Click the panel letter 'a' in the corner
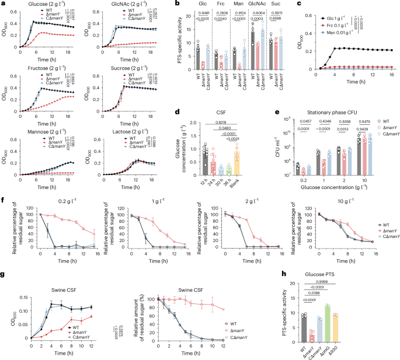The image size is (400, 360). tap(3, 4)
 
